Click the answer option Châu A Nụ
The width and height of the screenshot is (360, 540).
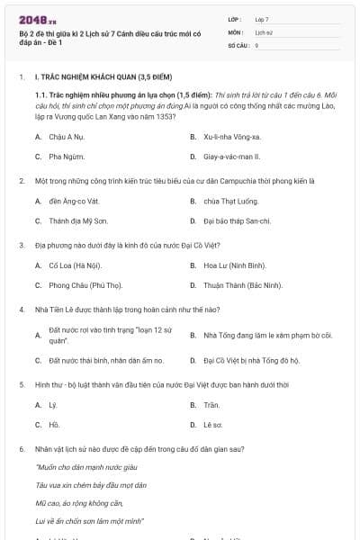point(66,137)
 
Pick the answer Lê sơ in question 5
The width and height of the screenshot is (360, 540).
point(212,424)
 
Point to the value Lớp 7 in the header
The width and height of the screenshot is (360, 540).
point(262,18)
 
